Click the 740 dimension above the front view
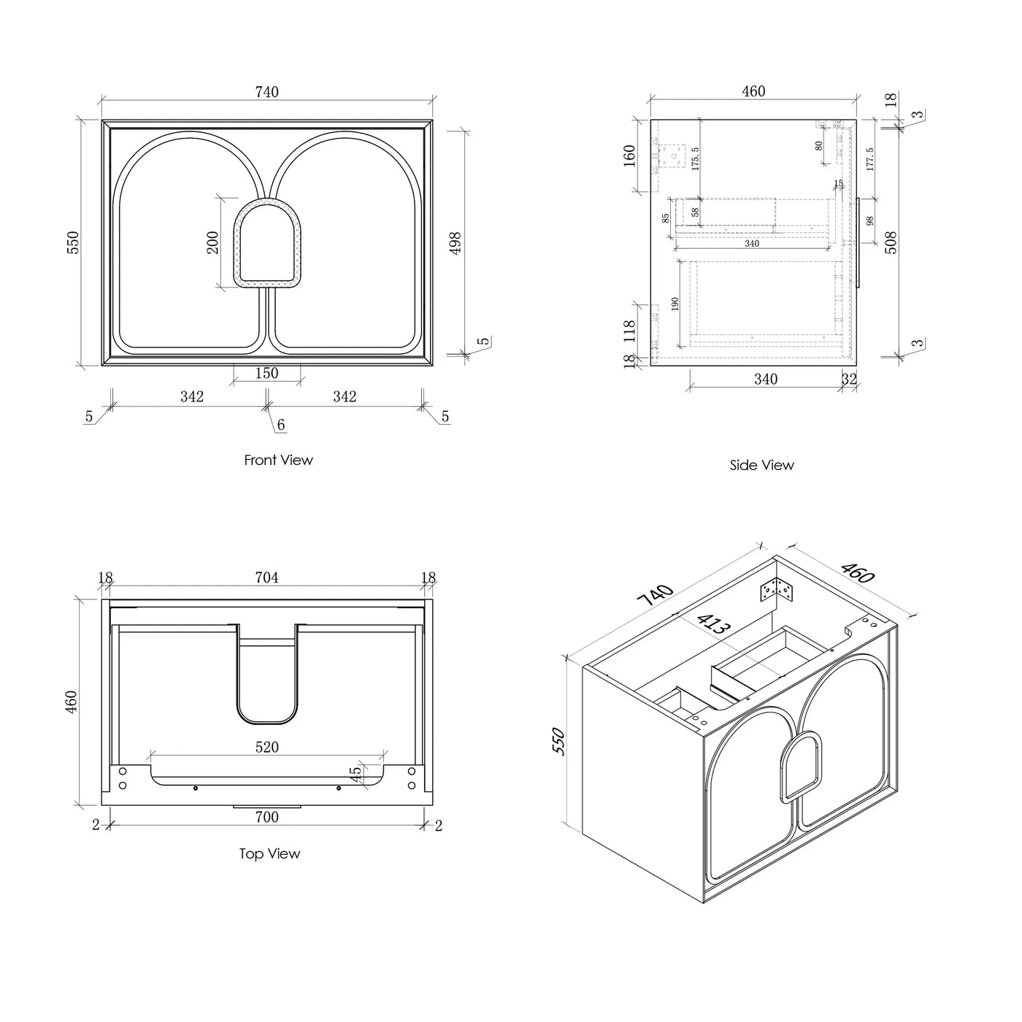click(266, 93)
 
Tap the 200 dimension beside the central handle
click(213, 242)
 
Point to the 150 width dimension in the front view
click(266, 373)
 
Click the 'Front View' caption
click(278, 460)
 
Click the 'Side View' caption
click(761, 465)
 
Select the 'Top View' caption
click(269, 853)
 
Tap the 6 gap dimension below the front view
click(281, 425)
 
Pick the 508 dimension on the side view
click(891, 242)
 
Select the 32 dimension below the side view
click(849, 379)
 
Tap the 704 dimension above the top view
click(266, 578)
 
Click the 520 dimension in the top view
click(266, 748)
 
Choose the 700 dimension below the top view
click(266, 817)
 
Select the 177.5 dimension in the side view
click(869, 159)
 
